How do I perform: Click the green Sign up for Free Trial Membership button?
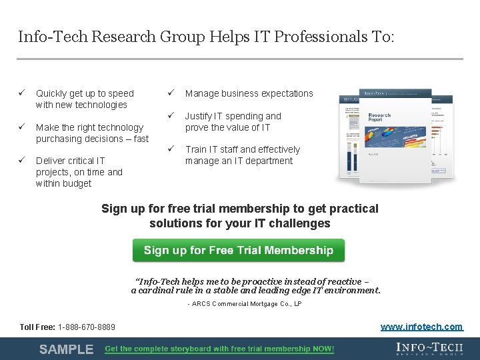pyautogui.click(x=238, y=250)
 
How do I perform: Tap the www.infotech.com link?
pyautogui.click(x=421, y=327)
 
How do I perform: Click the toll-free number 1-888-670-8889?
pyautogui.click(x=86, y=327)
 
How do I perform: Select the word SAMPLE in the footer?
pyautogui.click(x=66, y=349)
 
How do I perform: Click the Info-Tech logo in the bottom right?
pyautogui.click(x=430, y=349)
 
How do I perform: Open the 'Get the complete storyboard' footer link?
pyautogui.click(x=219, y=349)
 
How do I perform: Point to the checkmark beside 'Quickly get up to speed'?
pyautogui.click(x=21, y=93)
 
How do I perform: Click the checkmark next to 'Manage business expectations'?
pyautogui.click(x=171, y=93)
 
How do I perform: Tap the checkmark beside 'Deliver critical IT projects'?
pyautogui.click(x=21, y=161)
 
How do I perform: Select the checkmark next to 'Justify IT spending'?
pyautogui.click(x=171, y=116)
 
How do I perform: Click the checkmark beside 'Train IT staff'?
pyautogui.click(x=171, y=149)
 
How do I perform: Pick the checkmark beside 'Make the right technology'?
pyautogui.click(x=21, y=127)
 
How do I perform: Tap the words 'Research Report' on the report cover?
pyautogui.click(x=379, y=119)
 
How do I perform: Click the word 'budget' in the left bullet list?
pyautogui.click(x=77, y=183)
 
